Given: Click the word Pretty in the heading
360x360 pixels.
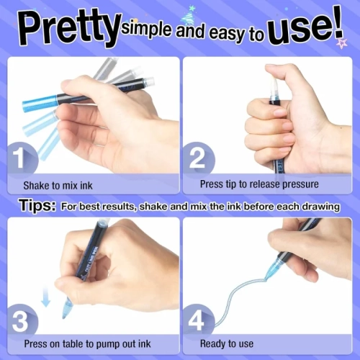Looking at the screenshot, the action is point(70,28).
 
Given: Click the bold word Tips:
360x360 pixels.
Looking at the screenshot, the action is point(37,205).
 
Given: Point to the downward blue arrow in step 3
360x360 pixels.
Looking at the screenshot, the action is point(46,297).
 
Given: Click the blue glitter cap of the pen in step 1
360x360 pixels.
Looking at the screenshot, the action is point(40,103).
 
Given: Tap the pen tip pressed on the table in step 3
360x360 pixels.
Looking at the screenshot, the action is point(66,310).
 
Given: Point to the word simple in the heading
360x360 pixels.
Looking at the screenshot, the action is point(146,30).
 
